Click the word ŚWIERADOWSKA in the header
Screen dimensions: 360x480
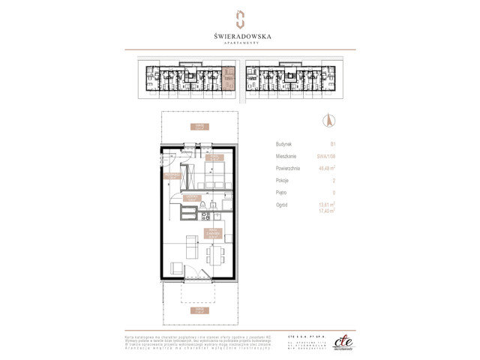coord(240,34)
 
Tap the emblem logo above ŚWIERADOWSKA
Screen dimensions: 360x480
coord(240,17)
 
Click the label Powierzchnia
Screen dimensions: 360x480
coord(288,168)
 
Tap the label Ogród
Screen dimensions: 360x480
coord(282,204)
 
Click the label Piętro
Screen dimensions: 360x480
coord(281,192)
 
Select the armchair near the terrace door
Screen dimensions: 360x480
coord(177,268)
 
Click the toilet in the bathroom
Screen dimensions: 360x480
coord(202,205)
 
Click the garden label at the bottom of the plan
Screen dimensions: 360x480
coord(198,310)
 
